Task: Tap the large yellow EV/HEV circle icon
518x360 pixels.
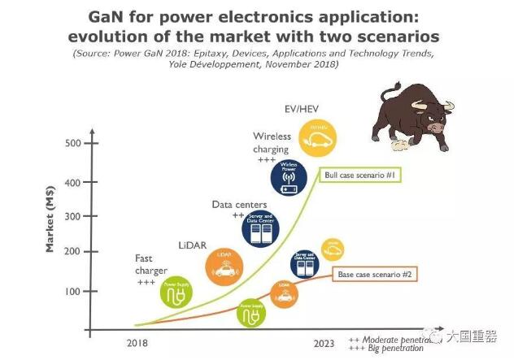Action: tap(316, 137)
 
